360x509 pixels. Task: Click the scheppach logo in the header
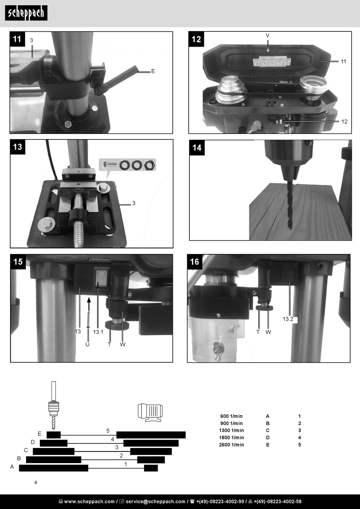pos(26,13)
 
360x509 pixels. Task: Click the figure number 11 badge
pos(17,39)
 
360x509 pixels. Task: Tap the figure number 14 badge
pos(197,147)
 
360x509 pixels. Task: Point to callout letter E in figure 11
pos(153,71)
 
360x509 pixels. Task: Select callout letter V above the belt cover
pos(268,35)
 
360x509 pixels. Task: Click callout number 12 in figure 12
pos(344,122)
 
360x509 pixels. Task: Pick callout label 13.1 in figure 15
pos(98,332)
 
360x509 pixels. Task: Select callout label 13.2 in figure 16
pos(288,319)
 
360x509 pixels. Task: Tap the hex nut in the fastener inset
pos(150,165)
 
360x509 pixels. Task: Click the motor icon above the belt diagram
pos(150,412)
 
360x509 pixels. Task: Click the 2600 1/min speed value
pos(232,445)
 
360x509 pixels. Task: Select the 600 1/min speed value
pos(232,416)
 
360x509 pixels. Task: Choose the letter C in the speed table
pos(268,430)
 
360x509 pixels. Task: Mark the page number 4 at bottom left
pos(36,482)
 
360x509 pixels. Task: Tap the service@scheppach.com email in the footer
pos(155,501)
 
